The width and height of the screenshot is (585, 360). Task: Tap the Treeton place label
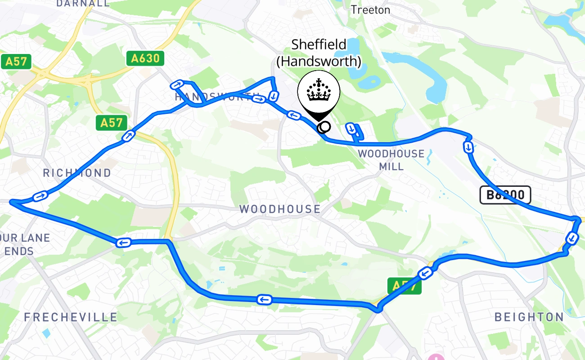[x=370, y=9]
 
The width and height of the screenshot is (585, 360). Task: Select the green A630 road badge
[x=145, y=58]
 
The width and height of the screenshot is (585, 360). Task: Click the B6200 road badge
[x=505, y=195]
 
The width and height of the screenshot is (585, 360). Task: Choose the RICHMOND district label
[x=77, y=173]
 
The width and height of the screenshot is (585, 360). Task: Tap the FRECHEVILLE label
[x=71, y=317]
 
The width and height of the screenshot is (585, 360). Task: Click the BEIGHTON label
[x=529, y=317]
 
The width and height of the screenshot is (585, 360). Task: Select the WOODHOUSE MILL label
[x=391, y=160]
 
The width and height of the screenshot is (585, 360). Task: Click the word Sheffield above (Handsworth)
[x=319, y=44]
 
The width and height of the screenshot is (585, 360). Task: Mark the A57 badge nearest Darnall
[x=17, y=62]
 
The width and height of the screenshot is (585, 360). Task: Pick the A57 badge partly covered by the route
[x=404, y=286]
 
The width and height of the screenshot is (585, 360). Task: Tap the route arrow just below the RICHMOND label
[x=40, y=196]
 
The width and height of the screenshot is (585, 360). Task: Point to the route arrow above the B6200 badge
[x=468, y=147]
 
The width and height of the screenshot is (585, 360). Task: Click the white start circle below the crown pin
[x=323, y=128]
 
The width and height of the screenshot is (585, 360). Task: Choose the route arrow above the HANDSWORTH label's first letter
[x=177, y=85]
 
